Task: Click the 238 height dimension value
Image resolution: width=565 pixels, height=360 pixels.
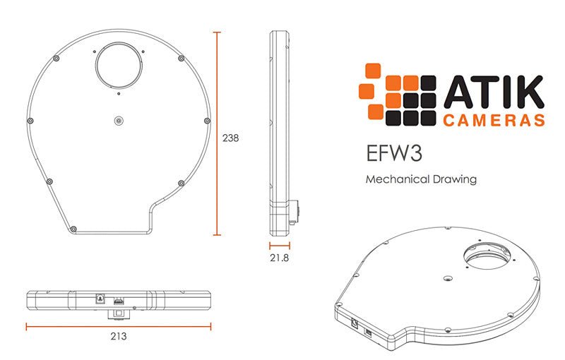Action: point(230,138)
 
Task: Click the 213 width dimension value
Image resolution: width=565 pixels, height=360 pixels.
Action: point(118,337)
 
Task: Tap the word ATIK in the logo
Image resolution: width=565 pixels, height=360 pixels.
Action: point(493,92)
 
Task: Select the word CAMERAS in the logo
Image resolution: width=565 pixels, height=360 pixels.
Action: point(494,120)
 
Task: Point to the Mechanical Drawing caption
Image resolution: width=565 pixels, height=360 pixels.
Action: point(421,179)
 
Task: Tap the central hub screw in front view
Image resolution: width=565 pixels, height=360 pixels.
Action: point(119,121)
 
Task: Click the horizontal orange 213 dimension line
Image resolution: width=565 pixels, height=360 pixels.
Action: point(118,326)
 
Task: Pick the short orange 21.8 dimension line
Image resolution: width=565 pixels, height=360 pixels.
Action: point(281,246)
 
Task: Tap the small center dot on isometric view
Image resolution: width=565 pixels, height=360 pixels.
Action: point(446,280)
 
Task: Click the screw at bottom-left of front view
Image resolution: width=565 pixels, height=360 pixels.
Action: point(73,228)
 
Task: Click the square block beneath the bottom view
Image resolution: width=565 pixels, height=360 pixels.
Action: point(119,312)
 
